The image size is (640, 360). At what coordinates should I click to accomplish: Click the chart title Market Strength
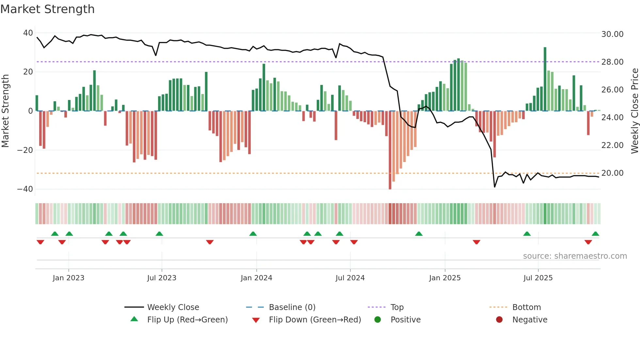tap(47, 9)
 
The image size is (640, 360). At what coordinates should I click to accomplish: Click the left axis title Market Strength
tap(6, 111)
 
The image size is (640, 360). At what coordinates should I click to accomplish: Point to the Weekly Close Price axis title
tap(634, 111)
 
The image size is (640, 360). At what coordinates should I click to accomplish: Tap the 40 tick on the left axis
tap(28, 33)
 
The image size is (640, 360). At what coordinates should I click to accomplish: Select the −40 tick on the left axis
tap(25, 189)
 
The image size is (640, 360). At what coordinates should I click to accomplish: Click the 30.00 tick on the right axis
tap(612, 34)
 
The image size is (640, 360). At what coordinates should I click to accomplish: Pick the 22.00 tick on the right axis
tap(612, 145)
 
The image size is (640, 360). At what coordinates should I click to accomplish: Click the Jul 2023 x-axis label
tap(162, 278)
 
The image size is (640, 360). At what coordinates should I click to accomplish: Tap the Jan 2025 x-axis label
tap(445, 278)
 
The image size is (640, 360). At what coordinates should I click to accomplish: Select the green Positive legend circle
tap(378, 320)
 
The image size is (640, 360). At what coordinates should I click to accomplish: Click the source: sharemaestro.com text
tap(575, 256)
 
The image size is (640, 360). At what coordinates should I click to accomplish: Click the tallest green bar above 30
tap(545, 78)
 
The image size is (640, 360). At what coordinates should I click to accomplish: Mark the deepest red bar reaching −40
tap(390, 150)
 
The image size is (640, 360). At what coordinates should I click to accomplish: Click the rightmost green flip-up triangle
tap(595, 234)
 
